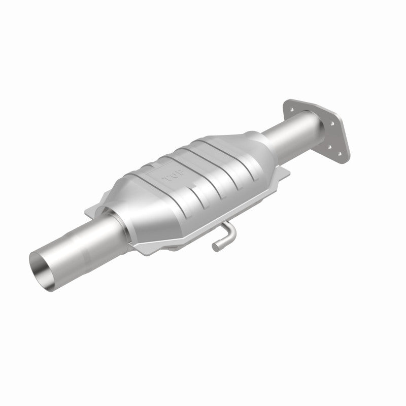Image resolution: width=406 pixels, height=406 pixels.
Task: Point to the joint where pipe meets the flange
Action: (304, 120)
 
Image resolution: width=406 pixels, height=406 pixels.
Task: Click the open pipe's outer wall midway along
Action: (76, 244)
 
